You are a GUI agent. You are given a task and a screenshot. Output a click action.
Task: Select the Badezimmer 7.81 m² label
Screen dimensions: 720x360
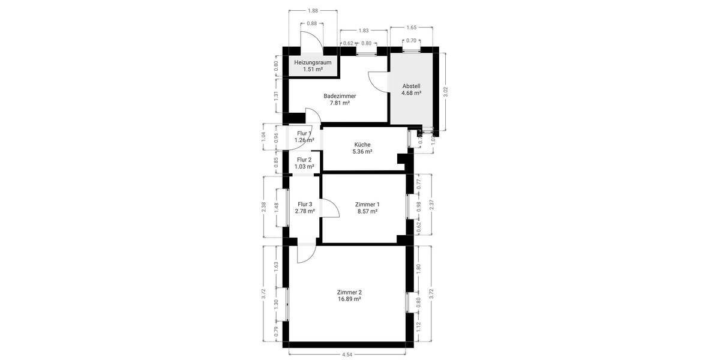pyautogui.click(x=340, y=99)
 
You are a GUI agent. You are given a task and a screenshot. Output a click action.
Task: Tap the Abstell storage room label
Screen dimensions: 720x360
pyautogui.click(x=411, y=89)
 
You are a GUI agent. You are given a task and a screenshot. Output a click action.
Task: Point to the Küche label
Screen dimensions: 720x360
pyautogui.click(x=362, y=148)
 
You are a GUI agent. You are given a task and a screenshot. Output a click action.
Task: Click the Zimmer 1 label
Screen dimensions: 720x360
pyautogui.click(x=367, y=208)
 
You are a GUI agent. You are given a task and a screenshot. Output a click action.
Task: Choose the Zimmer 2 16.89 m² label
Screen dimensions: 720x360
pyautogui.click(x=349, y=295)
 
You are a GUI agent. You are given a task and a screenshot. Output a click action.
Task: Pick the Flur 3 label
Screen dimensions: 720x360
pyautogui.click(x=305, y=208)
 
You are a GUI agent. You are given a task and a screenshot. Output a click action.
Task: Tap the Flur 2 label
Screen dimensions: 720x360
pyautogui.click(x=305, y=163)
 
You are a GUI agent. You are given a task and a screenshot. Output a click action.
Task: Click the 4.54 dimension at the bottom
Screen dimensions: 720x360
pyautogui.click(x=347, y=355)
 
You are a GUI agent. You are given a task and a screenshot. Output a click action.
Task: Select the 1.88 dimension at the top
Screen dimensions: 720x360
pyautogui.click(x=313, y=10)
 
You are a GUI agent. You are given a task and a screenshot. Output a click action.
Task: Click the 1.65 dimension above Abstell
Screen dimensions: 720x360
pyautogui.click(x=412, y=28)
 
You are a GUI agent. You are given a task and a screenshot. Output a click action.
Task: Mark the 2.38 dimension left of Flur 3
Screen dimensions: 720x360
pyautogui.click(x=265, y=206)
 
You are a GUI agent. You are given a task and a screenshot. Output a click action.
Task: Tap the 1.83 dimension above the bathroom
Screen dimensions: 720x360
pyautogui.click(x=364, y=31)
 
